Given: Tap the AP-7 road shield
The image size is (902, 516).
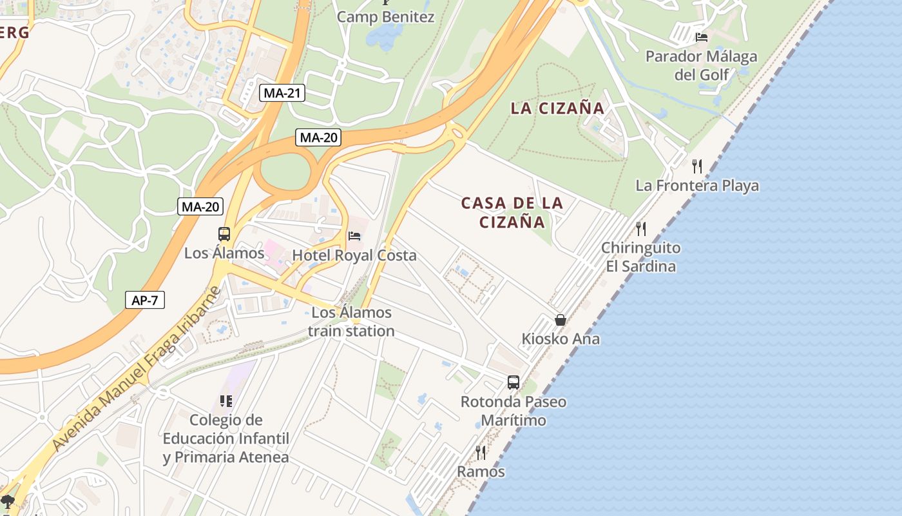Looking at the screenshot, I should [145, 300].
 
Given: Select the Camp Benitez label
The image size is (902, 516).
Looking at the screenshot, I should [386, 17].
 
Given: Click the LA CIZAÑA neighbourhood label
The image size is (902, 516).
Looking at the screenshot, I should [558, 108].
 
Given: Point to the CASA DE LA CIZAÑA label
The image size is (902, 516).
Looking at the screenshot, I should [512, 213].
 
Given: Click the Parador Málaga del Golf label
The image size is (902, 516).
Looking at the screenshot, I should [702, 66].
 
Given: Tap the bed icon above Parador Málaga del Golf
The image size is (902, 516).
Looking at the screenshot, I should [702, 37].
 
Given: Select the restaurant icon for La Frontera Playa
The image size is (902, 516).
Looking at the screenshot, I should [696, 166].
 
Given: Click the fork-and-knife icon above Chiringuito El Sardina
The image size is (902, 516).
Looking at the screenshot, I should [640, 228].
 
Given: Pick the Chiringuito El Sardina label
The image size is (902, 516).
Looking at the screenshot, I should [640, 257].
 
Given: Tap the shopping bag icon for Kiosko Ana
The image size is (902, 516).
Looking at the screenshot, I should [561, 320].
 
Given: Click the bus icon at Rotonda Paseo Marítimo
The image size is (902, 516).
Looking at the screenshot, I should [513, 382].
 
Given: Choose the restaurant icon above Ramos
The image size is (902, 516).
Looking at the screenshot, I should [481, 452].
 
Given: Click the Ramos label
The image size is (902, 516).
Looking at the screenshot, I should [481, 471].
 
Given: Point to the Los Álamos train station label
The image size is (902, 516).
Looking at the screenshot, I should [351, 322].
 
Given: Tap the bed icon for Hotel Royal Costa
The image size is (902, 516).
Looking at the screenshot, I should [354, 236].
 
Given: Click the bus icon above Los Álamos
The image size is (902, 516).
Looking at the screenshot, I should [224, 234].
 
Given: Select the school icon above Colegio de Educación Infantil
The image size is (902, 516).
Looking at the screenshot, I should [225, 401].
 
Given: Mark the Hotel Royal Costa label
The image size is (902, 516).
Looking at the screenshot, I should [354, 255].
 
